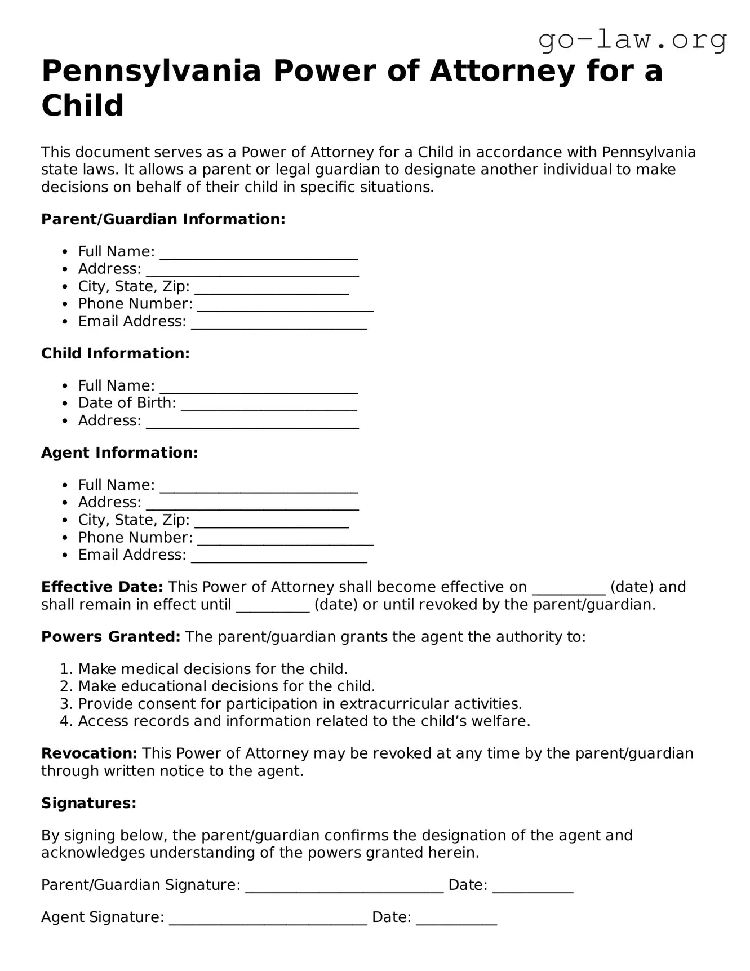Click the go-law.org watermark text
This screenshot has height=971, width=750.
tap(632, 41)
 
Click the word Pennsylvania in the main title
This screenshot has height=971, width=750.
tap(151, 71)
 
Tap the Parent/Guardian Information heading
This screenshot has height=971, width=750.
tap(163, 219)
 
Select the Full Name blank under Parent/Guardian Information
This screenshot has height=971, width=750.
tap(259, 253)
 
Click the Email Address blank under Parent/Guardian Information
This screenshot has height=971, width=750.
tap(279, 323)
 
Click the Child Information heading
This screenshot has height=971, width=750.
tap(116, 353)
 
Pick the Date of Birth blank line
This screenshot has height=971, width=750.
tap(269, 405)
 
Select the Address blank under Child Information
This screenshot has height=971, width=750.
tap(252, 422)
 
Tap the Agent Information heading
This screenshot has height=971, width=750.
tap(119, 453)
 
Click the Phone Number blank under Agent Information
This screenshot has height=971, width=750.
tap(285, 539)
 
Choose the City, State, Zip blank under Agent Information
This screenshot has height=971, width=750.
tap(271, 521)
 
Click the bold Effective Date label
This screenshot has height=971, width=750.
tap(102, 587)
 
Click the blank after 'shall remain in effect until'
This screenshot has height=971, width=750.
tap(273, 606)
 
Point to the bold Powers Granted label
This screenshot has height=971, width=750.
tap(110, 637)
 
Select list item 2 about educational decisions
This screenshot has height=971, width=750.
tap(226, 686)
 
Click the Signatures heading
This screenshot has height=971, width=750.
tap(88, 803)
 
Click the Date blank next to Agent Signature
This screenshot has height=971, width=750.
tap(456, 919)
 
